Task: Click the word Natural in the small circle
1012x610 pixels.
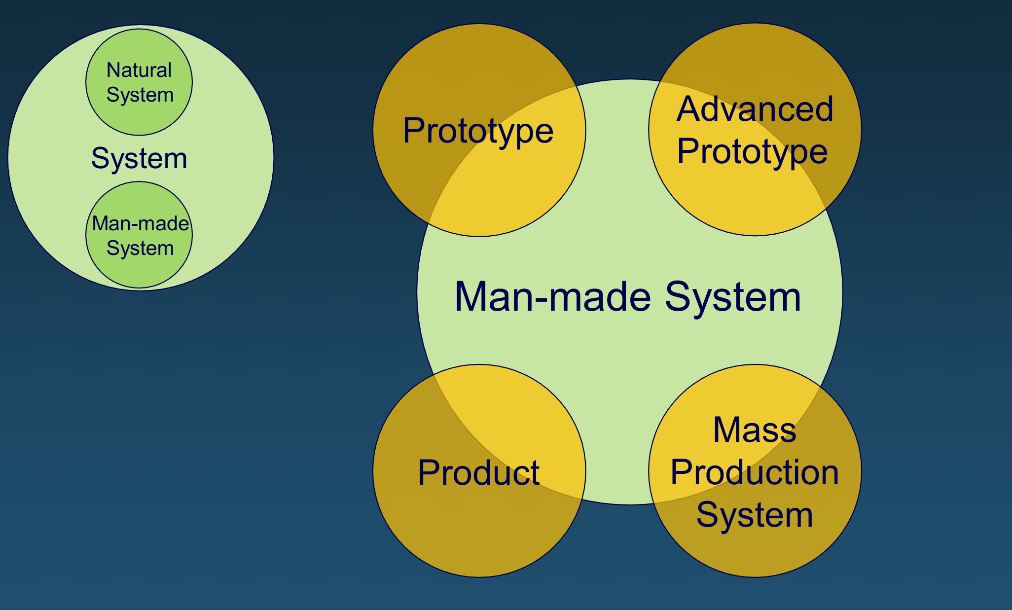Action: tap(139, 70)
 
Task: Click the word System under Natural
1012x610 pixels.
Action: tap(140, 95)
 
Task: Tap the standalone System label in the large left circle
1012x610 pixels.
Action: tap(139, 158)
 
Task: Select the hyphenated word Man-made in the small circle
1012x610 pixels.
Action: tap(141, 223)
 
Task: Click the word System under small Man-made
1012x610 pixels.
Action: tap(140, 248)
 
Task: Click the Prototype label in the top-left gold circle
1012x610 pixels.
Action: tap(478, 131)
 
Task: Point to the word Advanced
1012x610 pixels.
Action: tap(755, 109)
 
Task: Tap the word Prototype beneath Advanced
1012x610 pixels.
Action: tap(752, 151)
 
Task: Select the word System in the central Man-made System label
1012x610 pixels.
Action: tap(733, 297)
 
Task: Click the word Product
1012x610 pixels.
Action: tap(478, 472)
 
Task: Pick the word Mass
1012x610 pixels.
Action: tap(755, 430)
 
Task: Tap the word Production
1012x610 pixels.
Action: tap(755, 472)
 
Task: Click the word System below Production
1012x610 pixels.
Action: tap(755, 514)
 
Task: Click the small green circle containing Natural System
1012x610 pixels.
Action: tap(139, 118)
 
